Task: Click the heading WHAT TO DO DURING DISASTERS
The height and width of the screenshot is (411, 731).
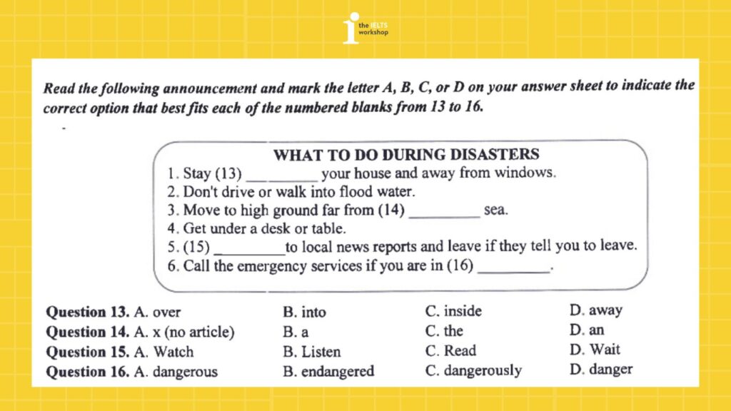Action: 406,155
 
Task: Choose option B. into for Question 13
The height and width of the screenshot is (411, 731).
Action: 304,312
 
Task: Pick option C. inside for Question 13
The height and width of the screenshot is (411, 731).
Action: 453,311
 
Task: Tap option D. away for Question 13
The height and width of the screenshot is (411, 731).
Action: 596,310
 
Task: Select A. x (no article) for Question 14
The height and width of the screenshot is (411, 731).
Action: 183,332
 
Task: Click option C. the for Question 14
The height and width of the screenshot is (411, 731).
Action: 444,331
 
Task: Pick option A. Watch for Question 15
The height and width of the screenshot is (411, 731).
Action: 163,352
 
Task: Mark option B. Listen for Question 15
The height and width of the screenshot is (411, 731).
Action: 312,352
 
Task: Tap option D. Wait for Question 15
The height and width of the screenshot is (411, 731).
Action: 595,350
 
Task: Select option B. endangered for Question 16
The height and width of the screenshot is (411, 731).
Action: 328,371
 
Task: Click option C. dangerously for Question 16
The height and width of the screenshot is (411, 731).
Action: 473,371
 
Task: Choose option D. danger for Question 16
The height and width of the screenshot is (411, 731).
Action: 601,370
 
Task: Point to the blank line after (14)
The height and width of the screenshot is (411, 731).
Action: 444,215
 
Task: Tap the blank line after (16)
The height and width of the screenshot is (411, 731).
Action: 514,271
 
